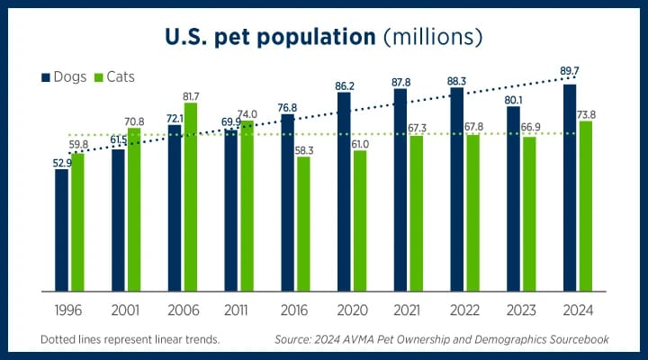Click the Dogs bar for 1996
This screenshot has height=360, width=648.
61,229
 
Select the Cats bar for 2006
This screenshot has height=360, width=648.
190,197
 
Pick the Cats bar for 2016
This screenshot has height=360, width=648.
303,224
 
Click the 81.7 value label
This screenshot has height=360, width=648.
192,95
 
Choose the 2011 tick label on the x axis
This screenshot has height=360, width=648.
238,312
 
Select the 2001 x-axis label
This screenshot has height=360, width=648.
124,312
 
